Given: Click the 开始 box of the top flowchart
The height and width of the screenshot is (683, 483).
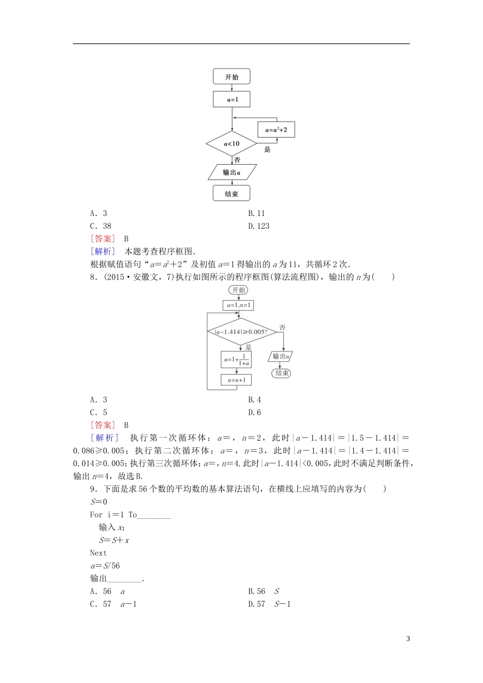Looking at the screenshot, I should (231, 77).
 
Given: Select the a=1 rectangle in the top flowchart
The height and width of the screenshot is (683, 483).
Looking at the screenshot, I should (231, 100).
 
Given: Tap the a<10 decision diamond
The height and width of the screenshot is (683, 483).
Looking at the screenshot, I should (231, 144).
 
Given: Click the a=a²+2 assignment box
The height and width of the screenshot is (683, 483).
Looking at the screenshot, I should (276, 130).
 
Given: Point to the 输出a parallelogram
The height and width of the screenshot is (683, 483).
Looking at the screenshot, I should (232, 172).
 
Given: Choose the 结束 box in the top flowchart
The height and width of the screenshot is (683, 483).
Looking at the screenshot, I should (231, 194).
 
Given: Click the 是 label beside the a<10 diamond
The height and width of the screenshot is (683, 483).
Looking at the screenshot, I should (267, 149).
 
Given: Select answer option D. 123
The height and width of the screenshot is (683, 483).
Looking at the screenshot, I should (259, 226).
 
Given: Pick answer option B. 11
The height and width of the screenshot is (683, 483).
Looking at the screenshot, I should (257, 213).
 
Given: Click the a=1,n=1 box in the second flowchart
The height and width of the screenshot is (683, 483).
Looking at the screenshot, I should (238, 305).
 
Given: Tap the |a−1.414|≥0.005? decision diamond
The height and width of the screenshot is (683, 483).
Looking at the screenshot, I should (242, 332).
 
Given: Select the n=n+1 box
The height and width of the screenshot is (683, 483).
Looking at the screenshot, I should (236, 380).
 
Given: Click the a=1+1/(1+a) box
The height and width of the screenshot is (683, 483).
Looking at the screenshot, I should (236, 360).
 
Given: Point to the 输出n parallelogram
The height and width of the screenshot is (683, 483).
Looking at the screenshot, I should (281, 356).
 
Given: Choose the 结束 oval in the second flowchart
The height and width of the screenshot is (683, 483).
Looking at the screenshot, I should (282, 373).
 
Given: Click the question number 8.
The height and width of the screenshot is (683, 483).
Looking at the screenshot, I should (93, 277).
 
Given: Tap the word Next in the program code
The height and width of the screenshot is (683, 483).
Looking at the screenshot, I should (99, 553).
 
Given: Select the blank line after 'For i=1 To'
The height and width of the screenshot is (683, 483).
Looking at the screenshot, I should (154, 515).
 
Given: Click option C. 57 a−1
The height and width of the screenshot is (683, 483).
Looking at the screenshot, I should (113, 604).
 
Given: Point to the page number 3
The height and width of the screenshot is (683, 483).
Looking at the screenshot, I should (408, 639).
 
